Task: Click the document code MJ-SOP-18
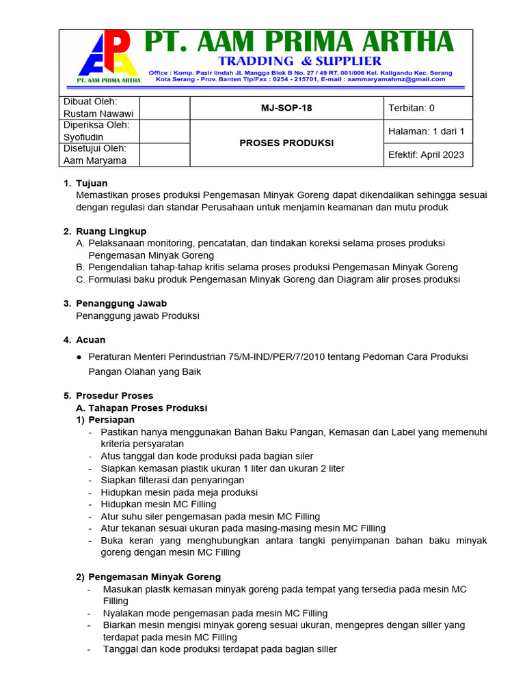287,108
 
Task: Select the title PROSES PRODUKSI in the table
287,143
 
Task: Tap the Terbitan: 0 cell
412,108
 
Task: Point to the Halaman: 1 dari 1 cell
426,131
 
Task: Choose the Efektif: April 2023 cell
426,154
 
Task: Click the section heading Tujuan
92,183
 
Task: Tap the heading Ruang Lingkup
111,231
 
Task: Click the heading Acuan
90,339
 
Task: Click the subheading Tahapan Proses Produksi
148,408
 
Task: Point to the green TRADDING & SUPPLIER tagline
299,61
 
